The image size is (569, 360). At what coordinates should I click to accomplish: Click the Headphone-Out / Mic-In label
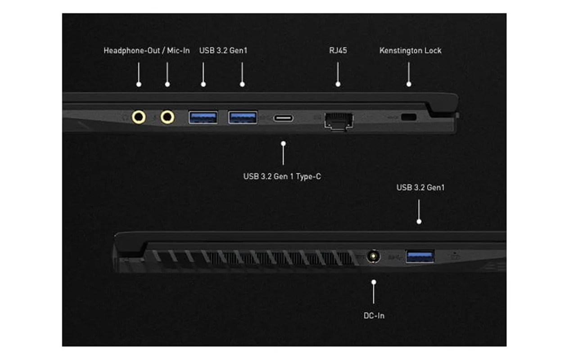(147, 51)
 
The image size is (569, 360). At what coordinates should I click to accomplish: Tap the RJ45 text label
(338, 50)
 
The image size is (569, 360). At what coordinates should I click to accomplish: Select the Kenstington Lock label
(410, 51)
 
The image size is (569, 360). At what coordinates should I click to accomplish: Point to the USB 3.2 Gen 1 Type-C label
(282, 176)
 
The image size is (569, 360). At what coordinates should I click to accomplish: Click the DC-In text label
(374, 316)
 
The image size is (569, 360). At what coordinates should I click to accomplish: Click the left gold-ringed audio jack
(139, 117)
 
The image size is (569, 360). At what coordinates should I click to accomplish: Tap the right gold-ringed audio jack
(167, 117)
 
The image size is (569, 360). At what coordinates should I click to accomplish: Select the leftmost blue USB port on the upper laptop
(203, 117)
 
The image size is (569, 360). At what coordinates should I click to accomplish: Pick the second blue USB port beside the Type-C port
(243, 117)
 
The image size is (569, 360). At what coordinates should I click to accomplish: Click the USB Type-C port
(283, 118)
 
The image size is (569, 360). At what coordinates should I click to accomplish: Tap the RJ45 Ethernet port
(339, 121)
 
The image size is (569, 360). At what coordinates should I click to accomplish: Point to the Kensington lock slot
(409, 117)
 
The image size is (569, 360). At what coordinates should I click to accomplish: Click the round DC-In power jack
(374, 256)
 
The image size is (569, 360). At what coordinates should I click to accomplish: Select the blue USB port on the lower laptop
(420, 256)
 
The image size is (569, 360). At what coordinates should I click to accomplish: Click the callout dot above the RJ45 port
(338, 84)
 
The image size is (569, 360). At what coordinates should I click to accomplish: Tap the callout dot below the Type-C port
(283, 144)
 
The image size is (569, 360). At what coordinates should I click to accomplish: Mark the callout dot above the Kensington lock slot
(409, 84)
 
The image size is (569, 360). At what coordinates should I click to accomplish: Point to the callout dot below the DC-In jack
(374, 282)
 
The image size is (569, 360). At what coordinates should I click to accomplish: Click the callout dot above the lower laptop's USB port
(419, 222)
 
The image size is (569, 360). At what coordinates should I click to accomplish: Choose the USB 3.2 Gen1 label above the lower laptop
(420, 188)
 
